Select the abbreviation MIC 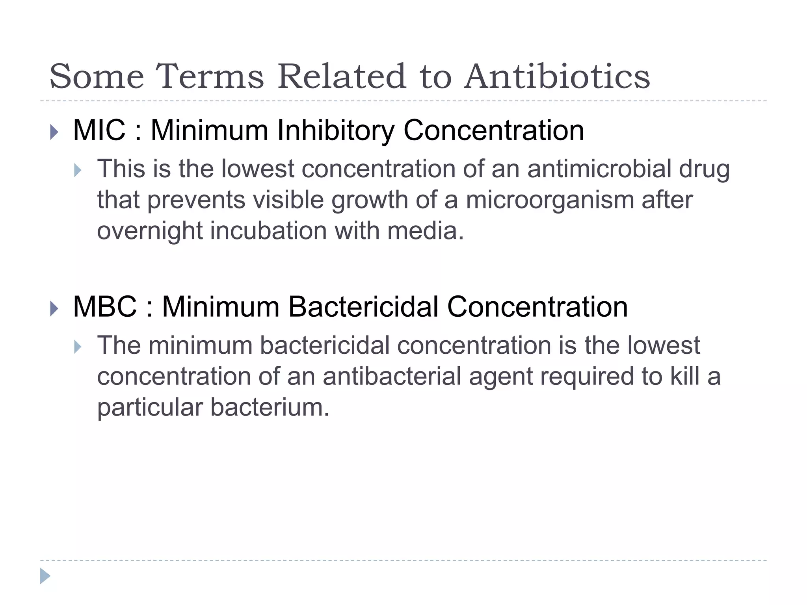[99, 130]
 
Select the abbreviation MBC [105, 307]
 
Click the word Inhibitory [335, 130]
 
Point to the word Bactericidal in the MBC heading [363, 307]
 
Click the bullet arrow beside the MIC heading [54, 132]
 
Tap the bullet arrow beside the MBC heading [54, 309]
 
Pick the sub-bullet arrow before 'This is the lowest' [78, 171]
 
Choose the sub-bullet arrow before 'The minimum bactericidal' [78, 347]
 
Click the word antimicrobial [599, 169]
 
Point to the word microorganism [550, 200]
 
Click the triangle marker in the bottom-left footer [45, 576]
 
